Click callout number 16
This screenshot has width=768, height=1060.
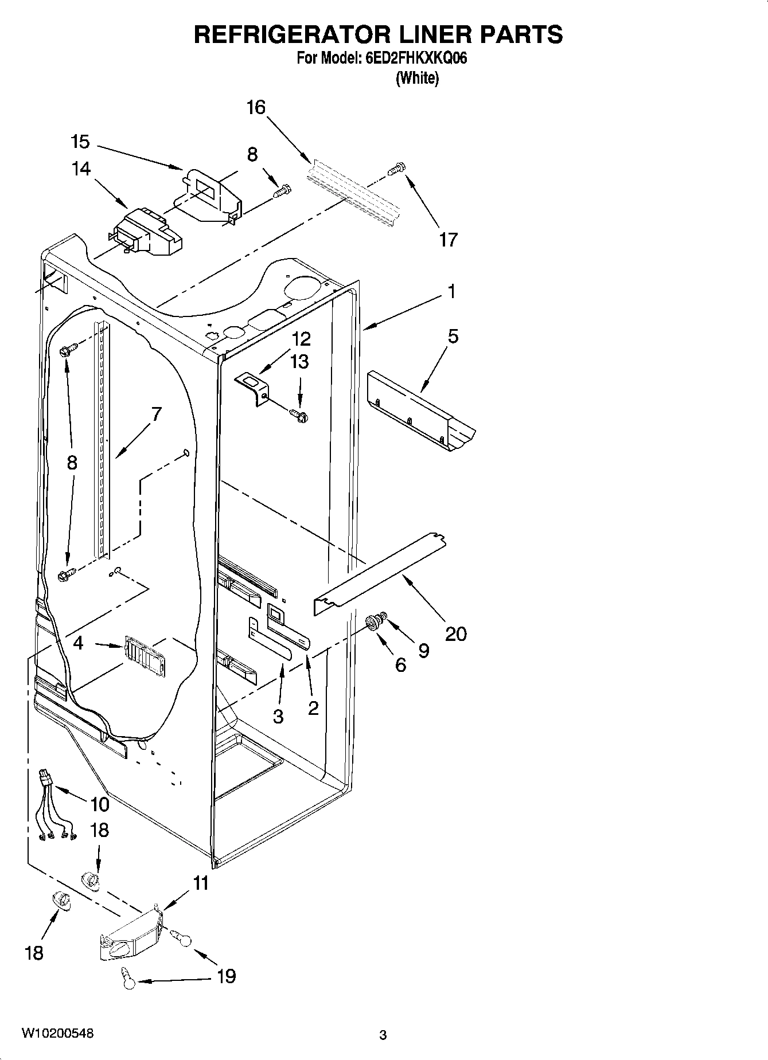pos(256,107)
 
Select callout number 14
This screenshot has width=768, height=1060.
pos(81,169)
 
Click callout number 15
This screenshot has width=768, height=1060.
pos(80,142)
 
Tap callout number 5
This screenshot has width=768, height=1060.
pos(453,337)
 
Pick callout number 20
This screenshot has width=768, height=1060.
pos(456,633)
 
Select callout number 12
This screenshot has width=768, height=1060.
pos(301,339)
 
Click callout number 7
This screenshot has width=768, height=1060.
pos(156,413)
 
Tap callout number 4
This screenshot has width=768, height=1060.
pos(79,643)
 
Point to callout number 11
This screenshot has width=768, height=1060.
pos(201,883)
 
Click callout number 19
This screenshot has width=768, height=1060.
pos(227,976)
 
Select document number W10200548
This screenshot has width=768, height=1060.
pos(57,1034)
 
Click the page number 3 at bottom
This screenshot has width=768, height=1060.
pos(383,1035)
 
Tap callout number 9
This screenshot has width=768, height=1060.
pos(423,650)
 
